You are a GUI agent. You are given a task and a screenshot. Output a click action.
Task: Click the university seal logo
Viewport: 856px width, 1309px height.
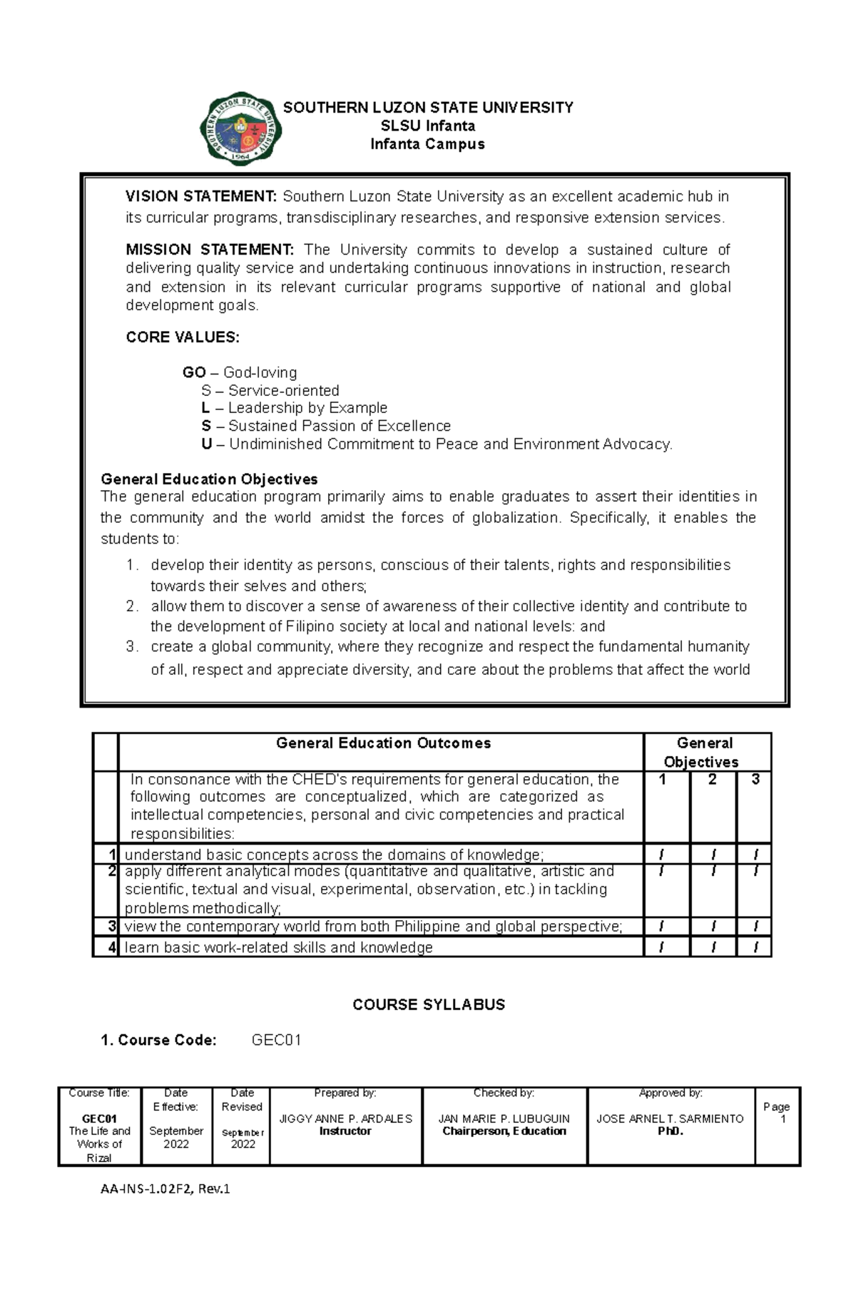pos(240,129)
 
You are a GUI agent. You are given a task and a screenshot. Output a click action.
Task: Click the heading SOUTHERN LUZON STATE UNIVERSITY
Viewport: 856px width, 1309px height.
pos(428,108)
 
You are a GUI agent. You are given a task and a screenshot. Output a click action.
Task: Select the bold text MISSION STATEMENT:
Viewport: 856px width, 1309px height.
pos(209,250)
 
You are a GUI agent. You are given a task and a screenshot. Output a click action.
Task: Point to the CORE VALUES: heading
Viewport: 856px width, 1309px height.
pos(183,337)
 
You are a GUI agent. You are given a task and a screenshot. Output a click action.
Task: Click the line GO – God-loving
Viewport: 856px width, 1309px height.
pos(240,372)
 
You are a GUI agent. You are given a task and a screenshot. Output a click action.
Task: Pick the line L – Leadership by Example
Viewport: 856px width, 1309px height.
pos(295,408)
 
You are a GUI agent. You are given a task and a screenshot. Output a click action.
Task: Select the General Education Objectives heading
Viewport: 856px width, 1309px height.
pos(209,479)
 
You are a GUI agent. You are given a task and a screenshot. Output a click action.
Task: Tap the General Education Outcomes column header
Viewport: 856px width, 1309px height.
pos(383,743)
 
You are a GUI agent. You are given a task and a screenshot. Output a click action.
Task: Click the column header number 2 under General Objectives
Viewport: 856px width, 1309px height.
pos(712,780)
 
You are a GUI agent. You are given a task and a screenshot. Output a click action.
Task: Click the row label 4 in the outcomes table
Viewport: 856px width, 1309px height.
pos(111,947)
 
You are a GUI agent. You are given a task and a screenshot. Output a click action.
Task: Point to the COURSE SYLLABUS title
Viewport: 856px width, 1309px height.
pos(429,1004)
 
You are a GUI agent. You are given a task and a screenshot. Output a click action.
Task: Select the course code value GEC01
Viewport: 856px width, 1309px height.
pos(276,1040)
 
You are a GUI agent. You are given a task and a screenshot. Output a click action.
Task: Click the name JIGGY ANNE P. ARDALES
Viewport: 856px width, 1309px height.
pos(345,1119)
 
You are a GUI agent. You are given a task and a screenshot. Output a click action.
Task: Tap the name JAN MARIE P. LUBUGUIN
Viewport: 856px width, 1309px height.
pos(504,1119)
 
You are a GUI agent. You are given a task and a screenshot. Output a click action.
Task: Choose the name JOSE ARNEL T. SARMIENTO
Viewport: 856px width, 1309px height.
pos(670,1119)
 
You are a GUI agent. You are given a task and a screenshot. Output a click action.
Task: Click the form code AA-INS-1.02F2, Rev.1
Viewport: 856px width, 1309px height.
pos(165,1189)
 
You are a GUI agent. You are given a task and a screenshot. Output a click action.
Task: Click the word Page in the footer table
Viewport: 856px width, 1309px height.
pos(776,1106)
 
